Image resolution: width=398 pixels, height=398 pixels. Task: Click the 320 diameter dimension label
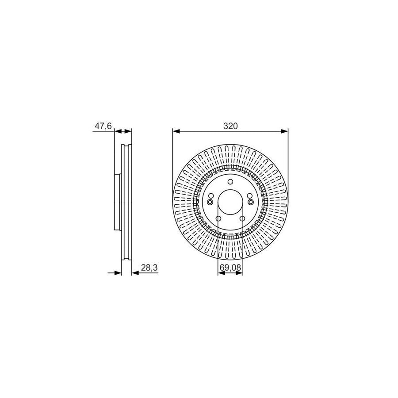click(x=230, y=126)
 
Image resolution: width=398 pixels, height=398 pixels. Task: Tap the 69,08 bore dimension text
click(x=230, y=267)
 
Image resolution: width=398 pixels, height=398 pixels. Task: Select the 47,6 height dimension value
click(x=102, y=126)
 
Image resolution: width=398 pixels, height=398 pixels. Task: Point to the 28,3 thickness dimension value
click(x=149, y=268)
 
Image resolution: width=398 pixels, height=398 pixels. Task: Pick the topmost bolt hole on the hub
click(x=230, y=183)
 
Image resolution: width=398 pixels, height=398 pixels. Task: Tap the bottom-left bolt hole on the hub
click(x=218, y=219)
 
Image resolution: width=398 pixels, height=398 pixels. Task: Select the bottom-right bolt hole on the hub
click(x=242, y=219)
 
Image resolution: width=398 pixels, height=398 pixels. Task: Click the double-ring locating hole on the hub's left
click(x=210, y=202)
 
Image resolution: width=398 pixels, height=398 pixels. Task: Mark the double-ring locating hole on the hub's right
click(x=251, y=202)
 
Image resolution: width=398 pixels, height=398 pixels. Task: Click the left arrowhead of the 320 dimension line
click(x=176, y=131)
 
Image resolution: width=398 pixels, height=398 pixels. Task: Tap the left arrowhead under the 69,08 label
click(x=221, y=273)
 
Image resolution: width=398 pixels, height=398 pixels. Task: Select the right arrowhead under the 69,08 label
click(x=240, y=273)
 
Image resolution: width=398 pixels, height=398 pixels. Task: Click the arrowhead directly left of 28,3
click(x=135, y=273)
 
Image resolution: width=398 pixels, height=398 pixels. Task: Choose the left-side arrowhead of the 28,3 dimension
click(x=118, y=273)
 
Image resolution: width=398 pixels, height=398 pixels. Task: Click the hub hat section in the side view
click(x=118, y=202)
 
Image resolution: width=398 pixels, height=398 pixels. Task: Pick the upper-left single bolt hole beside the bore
click(x=211, y=196)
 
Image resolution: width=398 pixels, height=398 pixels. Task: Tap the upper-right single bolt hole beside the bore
click(x=249, y=196)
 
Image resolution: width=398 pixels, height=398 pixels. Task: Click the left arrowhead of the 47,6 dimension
click(x=117, y=131)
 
